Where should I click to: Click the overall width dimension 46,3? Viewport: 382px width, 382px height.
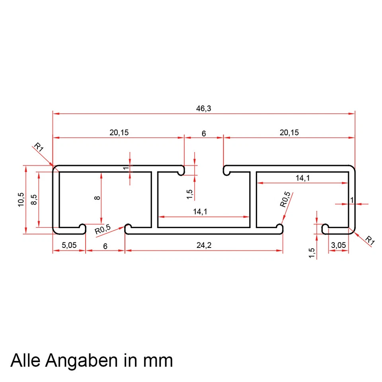(203, 108)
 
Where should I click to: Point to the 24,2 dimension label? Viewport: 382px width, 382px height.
(203, 246)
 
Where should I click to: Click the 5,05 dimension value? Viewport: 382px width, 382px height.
(69, 246)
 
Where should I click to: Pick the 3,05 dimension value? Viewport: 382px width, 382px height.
(338, 246)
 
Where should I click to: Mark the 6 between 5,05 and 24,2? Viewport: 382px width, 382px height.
(105, 246)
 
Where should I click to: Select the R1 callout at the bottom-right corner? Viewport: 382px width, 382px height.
(370, 240)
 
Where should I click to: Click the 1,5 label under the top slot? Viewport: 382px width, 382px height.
(190, 194)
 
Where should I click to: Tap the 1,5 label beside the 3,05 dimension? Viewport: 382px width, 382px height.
(312, 253)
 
